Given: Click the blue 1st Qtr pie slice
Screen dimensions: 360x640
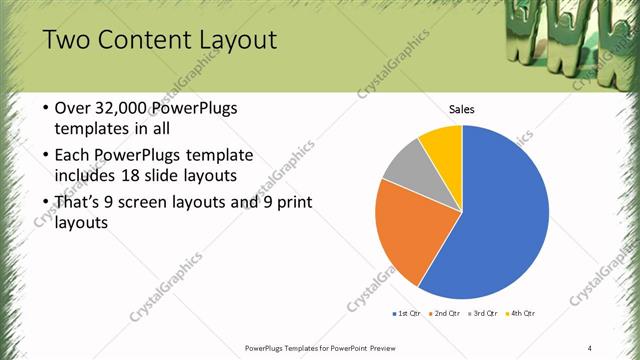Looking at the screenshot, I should click(500, 220).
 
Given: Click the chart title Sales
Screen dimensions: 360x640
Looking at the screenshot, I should click(461, 109).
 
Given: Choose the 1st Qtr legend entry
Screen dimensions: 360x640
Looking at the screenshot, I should click(407, 314).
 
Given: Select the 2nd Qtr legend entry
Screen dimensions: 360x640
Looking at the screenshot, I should click(444, 314).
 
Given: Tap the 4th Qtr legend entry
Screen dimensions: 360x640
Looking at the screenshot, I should click(519, 314).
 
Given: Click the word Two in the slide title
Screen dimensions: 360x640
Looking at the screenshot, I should click(68, 41).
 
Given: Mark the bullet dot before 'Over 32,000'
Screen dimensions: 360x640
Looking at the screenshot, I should click(47, 108).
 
